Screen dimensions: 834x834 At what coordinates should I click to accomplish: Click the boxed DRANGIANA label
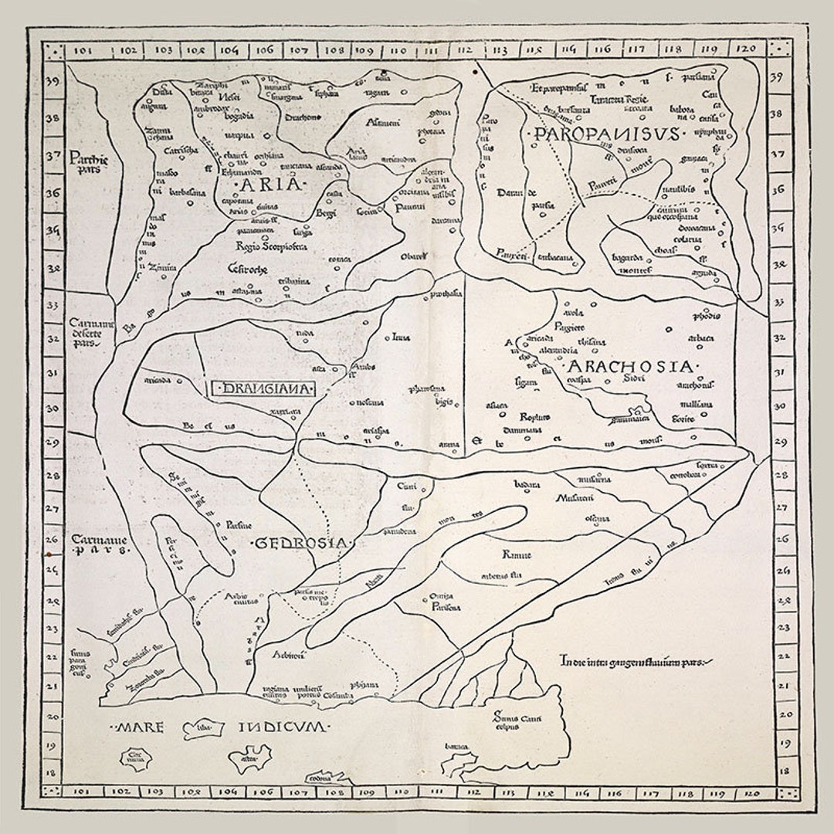tap(263, 389)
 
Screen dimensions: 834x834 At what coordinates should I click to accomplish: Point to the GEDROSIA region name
tap(302, 543)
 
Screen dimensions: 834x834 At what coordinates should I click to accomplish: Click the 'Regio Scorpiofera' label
tap(271, 246)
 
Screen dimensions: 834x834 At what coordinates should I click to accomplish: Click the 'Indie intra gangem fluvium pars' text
tap(635, 661)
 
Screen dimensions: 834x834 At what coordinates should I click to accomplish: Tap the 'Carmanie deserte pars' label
tap(90, 333)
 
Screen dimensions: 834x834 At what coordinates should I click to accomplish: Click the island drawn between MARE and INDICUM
tap(203, 728)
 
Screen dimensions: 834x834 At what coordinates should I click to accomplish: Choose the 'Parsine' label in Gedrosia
tap(239, 526)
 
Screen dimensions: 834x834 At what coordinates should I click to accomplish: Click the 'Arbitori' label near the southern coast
tap(289, 655)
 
